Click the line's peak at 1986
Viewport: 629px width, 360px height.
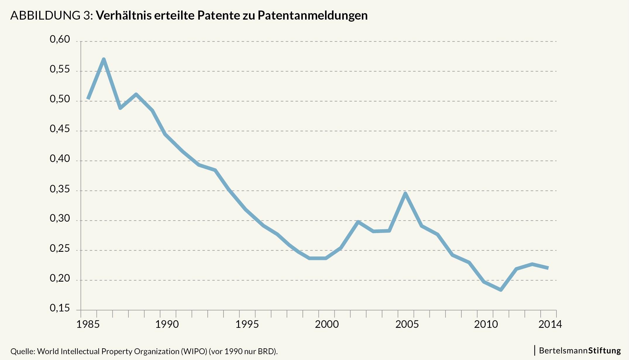[104, 59]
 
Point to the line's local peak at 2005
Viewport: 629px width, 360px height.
[405, 193]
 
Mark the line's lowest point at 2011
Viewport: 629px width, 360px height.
[501, 290]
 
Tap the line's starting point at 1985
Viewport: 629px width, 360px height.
[88, 99]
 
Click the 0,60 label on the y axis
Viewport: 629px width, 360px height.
[60, 39]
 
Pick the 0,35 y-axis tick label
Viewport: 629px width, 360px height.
[60, 189]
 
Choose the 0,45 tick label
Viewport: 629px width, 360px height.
[60, 129]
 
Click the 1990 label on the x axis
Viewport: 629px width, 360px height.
[167, 324]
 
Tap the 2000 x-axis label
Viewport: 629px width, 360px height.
[326, 324]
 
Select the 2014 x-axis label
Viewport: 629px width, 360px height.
[550, 324]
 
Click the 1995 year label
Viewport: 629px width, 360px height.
[247, 324]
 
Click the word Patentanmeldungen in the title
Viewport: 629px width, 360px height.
[312, 15]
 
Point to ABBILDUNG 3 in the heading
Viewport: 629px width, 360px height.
[51, 15]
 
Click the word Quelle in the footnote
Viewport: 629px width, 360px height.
[22, 351]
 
